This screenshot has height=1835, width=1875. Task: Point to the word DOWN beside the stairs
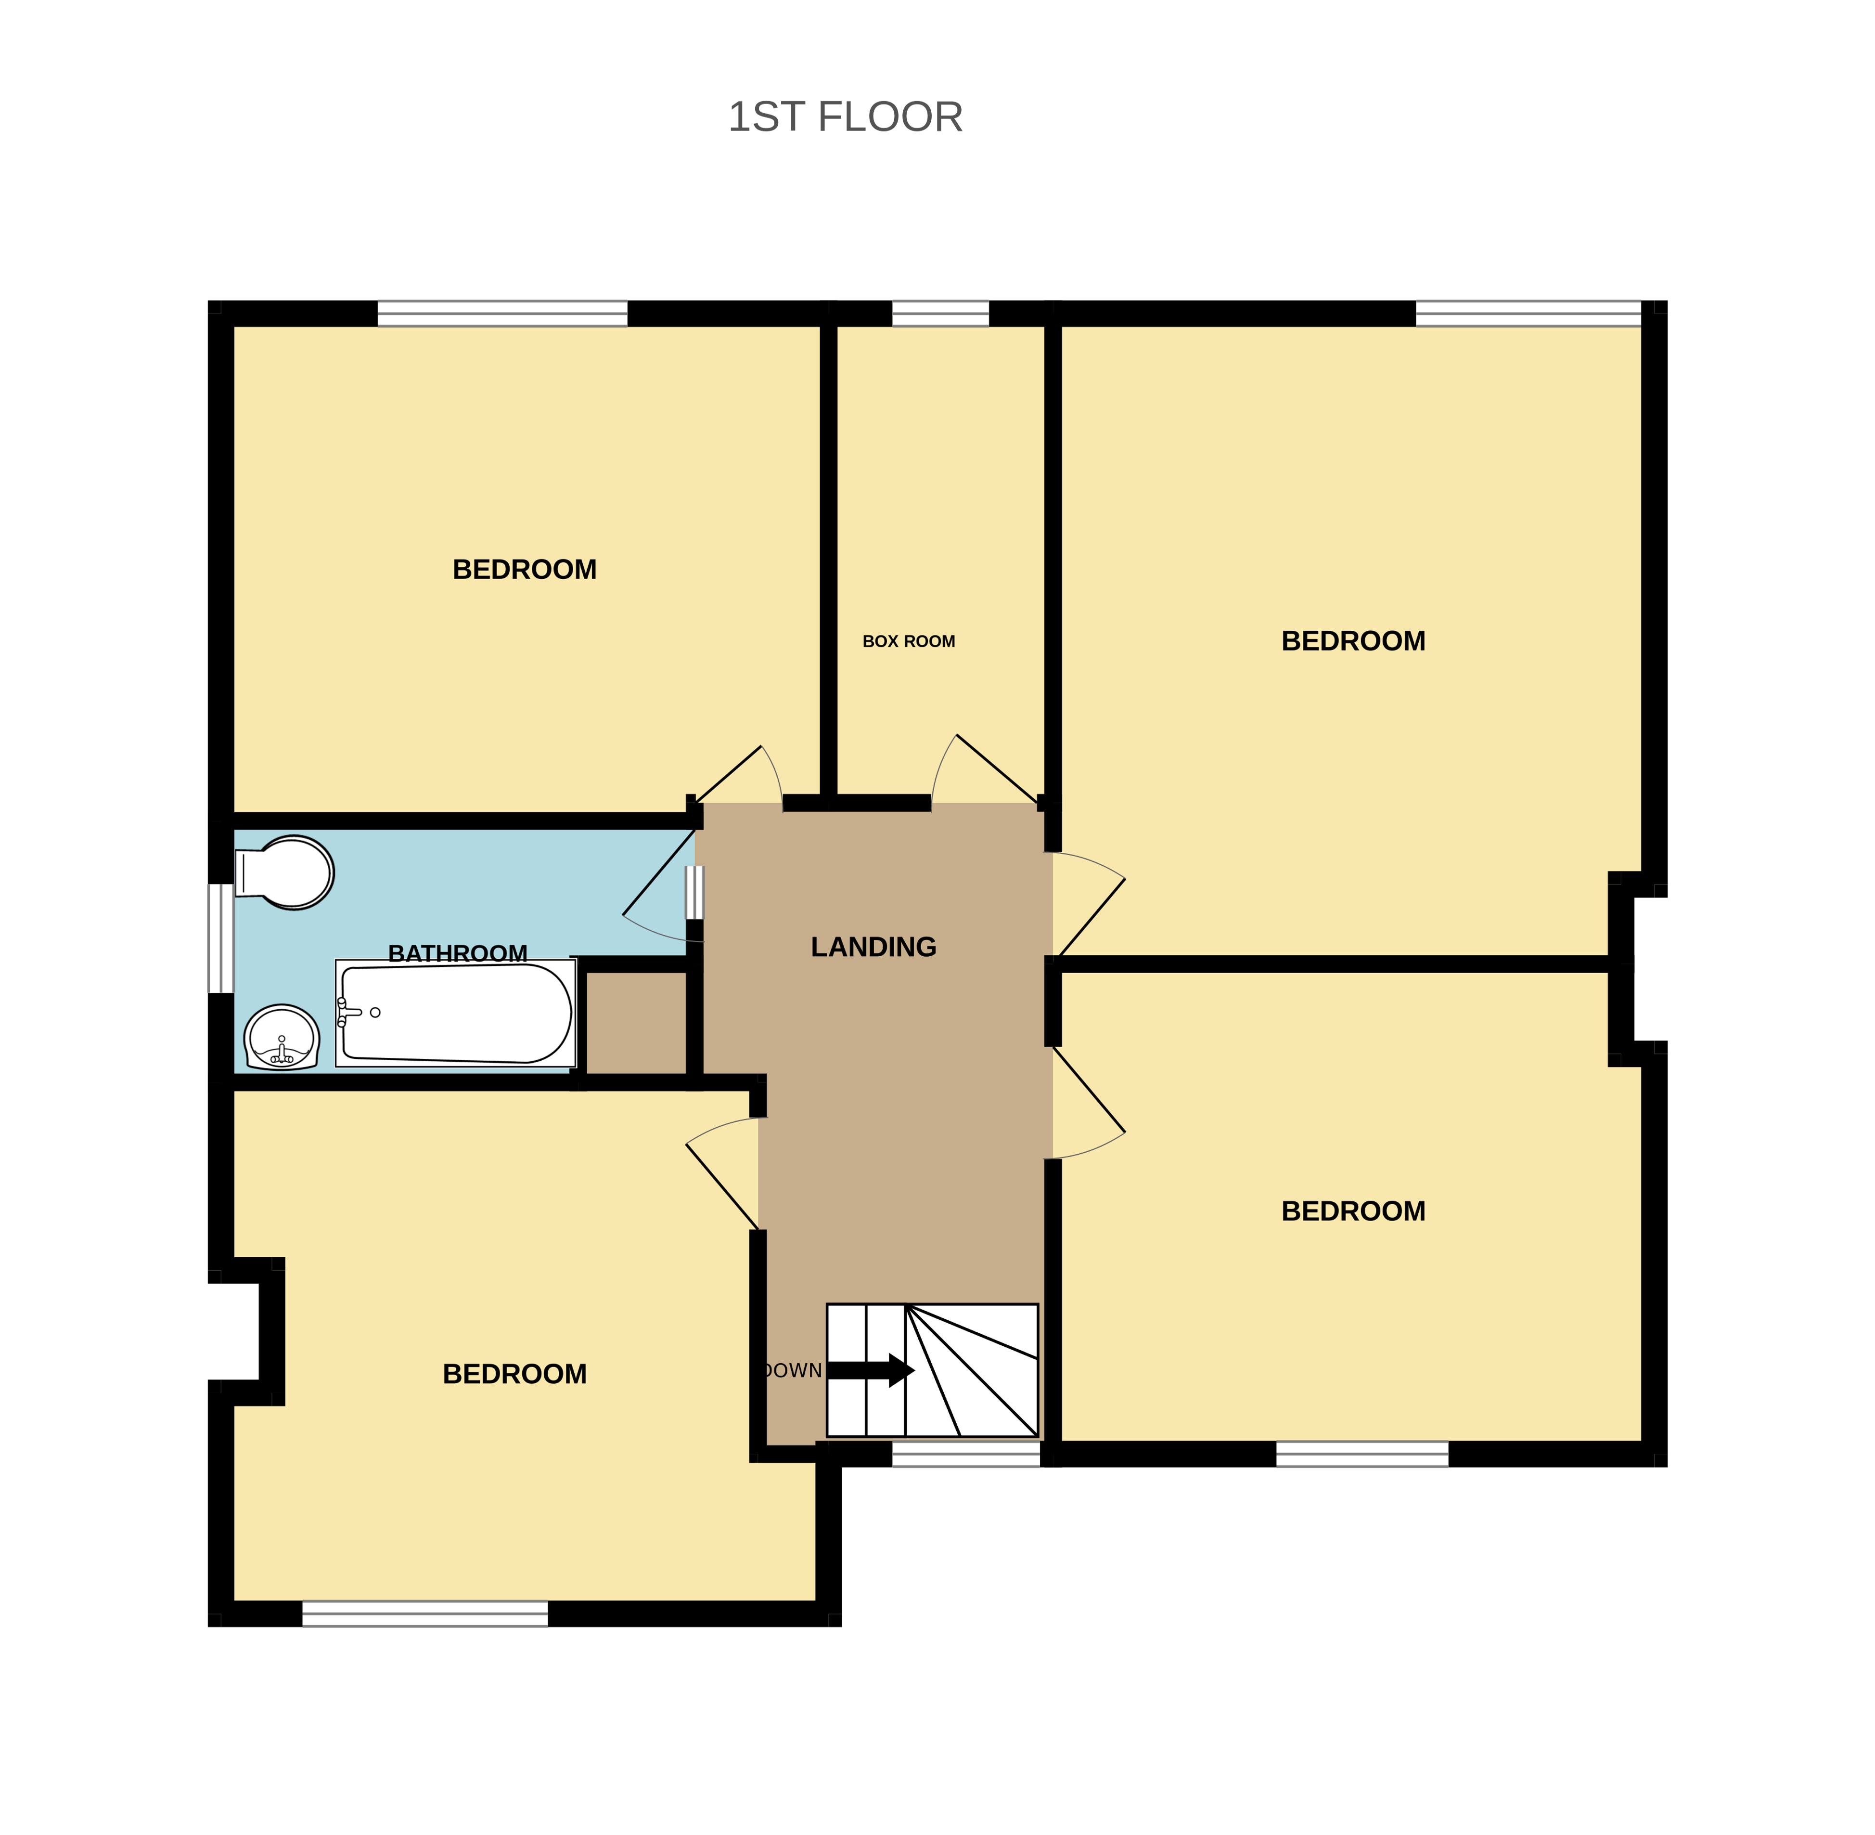pos(792,1370)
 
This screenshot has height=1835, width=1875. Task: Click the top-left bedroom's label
pos(524,570)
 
